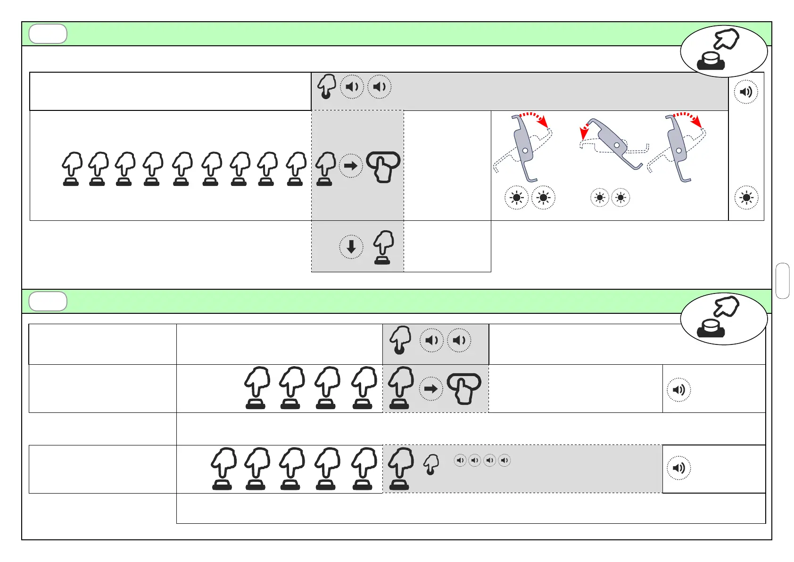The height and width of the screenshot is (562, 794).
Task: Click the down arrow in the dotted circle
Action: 351,247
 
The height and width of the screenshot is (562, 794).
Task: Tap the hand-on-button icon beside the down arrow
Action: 383,247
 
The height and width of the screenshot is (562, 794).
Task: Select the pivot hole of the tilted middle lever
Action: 617,145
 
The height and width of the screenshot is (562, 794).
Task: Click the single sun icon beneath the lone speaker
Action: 746,198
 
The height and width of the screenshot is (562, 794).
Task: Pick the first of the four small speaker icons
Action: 460,460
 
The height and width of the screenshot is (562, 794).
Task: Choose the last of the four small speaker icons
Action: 505,460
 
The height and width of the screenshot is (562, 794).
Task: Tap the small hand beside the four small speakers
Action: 431,464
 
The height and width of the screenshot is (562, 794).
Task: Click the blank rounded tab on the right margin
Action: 782,281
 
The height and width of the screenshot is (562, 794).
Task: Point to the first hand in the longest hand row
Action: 72,168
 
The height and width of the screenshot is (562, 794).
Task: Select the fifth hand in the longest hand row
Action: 182,168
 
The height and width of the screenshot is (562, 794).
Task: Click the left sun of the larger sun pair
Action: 517,198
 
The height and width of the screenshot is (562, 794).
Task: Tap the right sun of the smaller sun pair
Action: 620,198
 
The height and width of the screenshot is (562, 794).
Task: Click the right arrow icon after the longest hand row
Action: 351,166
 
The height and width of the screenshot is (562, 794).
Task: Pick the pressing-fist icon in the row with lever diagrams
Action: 383,167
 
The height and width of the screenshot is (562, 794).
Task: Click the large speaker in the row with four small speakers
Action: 679,468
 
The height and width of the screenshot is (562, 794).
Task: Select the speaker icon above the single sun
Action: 746,92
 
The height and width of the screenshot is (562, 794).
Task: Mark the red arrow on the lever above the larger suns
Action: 535,118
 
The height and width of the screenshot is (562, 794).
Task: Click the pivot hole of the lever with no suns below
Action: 678,151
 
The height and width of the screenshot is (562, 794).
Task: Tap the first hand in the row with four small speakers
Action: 223,469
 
